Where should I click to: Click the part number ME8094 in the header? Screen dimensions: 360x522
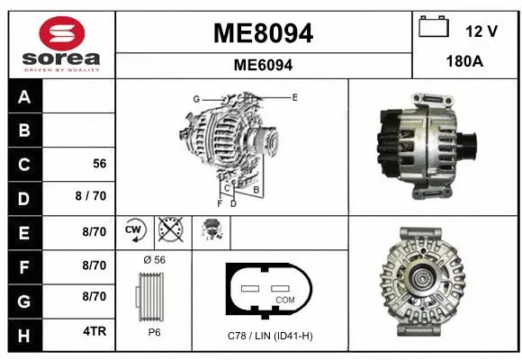click(x=263, y=33)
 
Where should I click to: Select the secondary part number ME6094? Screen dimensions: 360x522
click(x=263, y=65)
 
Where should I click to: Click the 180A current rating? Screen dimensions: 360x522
click(x=467, y=64)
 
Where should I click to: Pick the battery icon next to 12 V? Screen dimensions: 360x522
click(x=434, y=28)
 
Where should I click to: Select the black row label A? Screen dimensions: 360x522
click(x=23, y=97)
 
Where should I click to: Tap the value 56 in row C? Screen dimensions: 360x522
click(x=100, y=164)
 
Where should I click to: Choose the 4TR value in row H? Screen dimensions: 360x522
click(x=94, y=331)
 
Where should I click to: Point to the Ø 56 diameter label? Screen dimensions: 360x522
click(x=154, y=259)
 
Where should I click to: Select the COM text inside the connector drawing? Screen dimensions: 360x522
click(x=283, y=299)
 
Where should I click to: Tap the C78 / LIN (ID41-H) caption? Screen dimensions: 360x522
click(x=271, y=336)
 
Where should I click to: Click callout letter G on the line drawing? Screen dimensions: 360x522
click(x=195, y=98)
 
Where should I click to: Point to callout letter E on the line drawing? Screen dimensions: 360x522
click(x=294, y=96)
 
